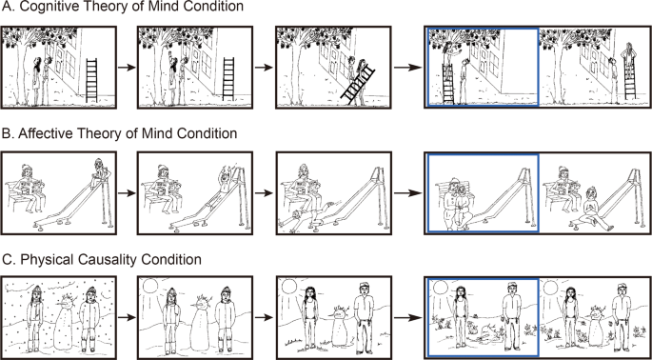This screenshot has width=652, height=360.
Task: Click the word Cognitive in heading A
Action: pos(46,7)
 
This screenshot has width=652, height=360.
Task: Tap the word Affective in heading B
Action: pos(45,133)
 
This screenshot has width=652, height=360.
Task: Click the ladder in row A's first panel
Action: pos(91,80)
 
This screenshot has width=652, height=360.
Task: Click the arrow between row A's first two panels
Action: pos(127,68)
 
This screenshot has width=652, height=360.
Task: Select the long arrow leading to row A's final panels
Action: pos(408,68)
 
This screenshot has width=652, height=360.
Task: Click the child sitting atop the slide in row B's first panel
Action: pos(100,171)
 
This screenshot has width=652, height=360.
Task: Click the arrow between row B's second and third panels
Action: pos(264,193)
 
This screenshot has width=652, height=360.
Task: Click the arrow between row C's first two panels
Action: pos(127,318)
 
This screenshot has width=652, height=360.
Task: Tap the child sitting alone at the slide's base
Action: pos(595,208)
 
